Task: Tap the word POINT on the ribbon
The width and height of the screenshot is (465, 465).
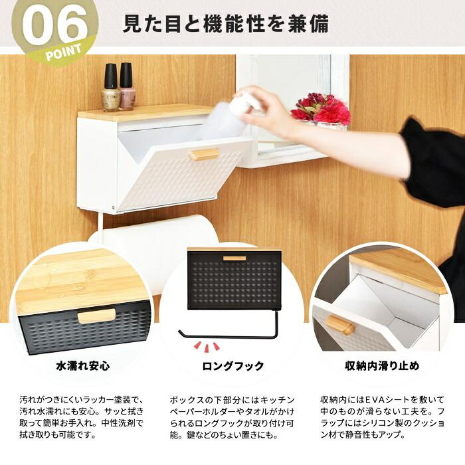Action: point(64,50)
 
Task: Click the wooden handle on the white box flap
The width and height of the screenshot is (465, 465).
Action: point(204,154)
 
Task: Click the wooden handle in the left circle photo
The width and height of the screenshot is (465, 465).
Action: point(96,316)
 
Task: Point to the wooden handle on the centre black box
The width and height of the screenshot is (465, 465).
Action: point(234,258)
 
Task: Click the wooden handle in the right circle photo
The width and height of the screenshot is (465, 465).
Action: point(340,325)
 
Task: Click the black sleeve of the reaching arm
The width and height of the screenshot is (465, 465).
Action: point(435,159)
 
